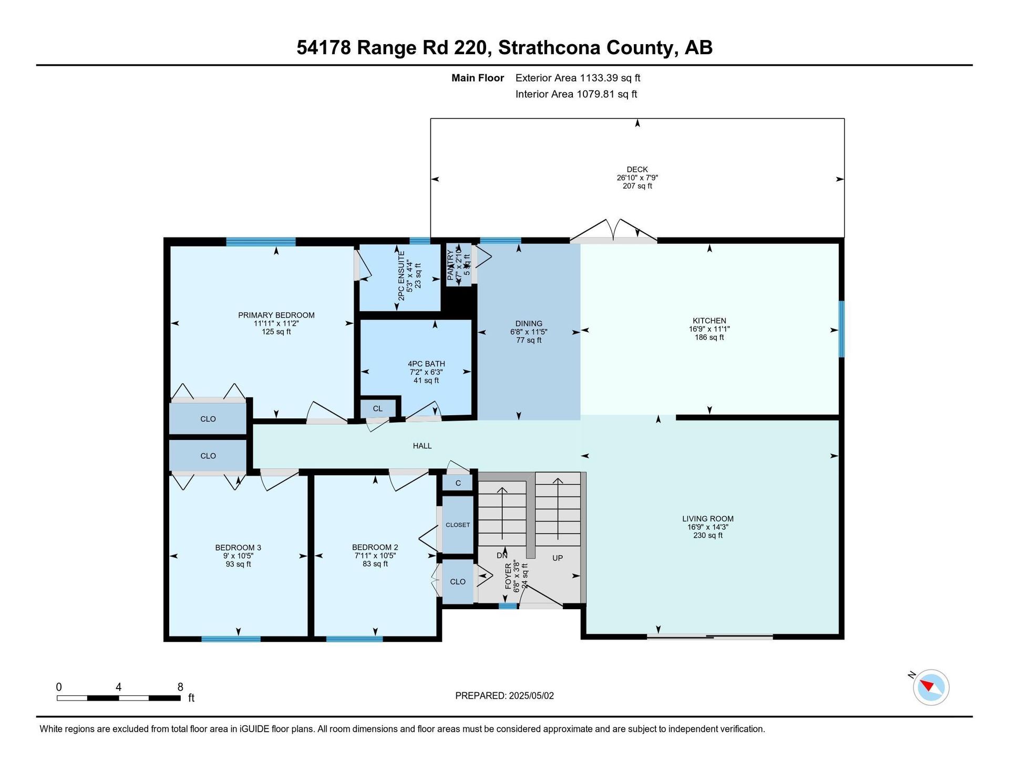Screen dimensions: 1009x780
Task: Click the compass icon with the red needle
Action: pyautogui.click(x=931, y=687)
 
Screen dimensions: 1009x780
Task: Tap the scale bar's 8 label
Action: pyautogui.click(x=180, y=687)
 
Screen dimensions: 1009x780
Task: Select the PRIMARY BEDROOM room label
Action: pyautogui.click(x=276, y=315)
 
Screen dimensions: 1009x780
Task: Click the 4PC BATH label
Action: pyautogui.click(x=426, y=364)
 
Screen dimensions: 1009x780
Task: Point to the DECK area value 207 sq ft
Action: pyautogui.click(x=637, y=186)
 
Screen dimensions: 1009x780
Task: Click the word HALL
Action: pyautogui.click(x=422, y=446)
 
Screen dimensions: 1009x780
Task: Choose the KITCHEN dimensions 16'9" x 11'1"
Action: pyautogui.click(x=709, y=329)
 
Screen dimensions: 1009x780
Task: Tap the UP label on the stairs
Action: pyautogui.click(x=558, y=558)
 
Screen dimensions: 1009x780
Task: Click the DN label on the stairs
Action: pyautogui.click(x=502, y=555)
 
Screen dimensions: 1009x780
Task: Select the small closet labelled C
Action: pyautogui.click(x=458, y=483)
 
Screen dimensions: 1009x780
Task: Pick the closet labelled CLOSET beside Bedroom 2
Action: pyautogui.click(x=458, y=525)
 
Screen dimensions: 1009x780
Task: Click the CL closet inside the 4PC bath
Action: pyautogui.click(x=378, y=408)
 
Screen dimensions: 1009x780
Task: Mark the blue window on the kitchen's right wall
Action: pyautogui.click(x=841, y=329)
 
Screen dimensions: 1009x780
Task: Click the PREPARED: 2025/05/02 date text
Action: pyautogui.click(x=504, y=696)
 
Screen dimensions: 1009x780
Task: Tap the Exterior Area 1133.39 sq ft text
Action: pyautogui.click(x=578, y=78)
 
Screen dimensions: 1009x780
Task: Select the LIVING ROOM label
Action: pyautogui.click(x=708, y=519)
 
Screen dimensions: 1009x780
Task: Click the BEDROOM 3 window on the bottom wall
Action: pyautogui.click(x=231, y=639)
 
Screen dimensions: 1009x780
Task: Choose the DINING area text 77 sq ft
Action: pyautogui.click(x=529, y=341)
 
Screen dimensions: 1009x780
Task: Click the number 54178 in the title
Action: pyautogui.click(x=324, y=48)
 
